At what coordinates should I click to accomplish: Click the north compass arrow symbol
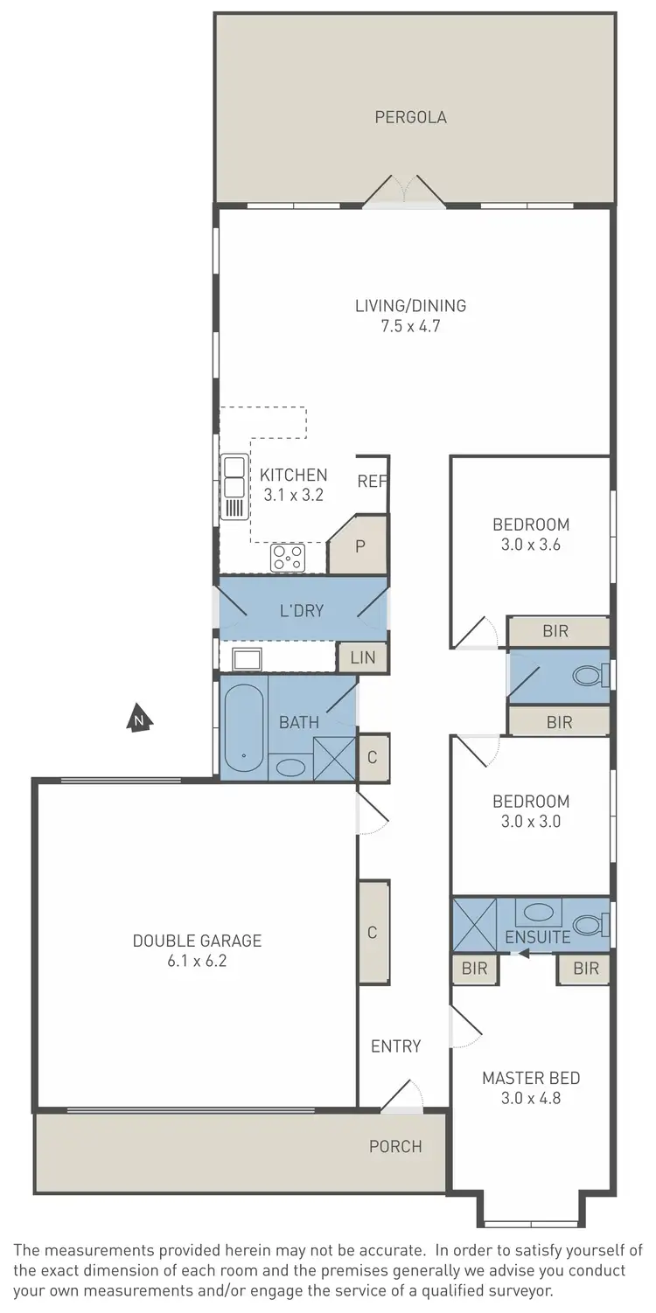pos(139,719)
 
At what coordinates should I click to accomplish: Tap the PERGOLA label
pos(410,117)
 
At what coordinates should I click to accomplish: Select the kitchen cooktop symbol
pos(288,557)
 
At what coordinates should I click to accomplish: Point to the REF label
pos(371,482)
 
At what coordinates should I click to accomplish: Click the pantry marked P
pos(359,546)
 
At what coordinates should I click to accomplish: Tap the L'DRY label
pos(302,610)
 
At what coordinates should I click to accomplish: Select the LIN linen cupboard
pos(362,657)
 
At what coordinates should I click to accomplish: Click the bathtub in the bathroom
pos(243,731)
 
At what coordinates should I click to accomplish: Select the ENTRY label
pos(395,1046)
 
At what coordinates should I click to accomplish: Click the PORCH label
pos(395,1146)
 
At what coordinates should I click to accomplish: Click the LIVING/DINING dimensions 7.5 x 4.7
pos(410,328)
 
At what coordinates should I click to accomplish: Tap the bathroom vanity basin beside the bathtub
pos(290,768)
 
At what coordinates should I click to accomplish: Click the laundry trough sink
pos(247,658)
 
